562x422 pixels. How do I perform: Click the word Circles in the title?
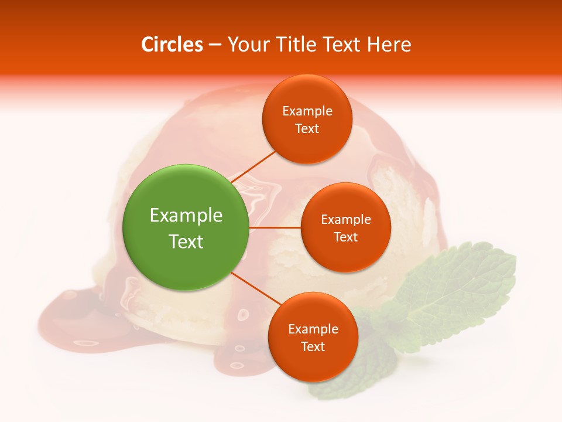[172, 45]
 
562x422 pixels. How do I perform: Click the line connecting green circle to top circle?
[253, 166]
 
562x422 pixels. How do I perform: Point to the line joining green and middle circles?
[275, 227]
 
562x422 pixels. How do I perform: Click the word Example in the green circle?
[186, 216]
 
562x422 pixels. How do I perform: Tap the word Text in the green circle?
[186, 241]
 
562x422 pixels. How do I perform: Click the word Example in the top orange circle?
[307, 111]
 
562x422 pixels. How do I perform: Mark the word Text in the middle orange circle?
[345, 237]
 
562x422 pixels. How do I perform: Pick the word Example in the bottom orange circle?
[313, 329]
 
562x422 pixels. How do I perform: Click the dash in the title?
[214, 45]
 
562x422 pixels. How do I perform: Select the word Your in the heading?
[245, 45]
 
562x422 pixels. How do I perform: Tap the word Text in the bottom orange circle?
[313, 347]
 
